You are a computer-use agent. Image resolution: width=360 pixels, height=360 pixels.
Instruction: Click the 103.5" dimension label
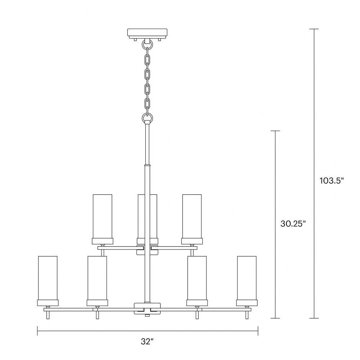click(332, 181)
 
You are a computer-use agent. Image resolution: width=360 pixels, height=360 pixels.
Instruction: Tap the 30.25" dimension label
click(293, 224)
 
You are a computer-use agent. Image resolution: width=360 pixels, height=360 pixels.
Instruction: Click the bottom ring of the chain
click(147, 118)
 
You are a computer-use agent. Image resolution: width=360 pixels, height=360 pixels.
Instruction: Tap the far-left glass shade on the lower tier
click(48, 278)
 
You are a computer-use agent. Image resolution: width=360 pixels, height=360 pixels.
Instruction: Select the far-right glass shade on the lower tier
click(247, 278)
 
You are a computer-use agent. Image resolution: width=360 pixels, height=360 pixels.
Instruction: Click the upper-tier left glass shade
click(102, 216)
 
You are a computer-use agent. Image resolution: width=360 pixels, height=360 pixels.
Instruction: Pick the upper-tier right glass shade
click(192, 216)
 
